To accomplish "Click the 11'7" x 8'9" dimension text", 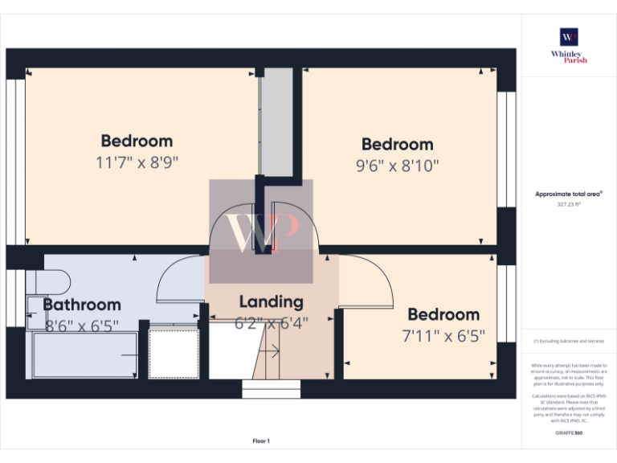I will (137, 162).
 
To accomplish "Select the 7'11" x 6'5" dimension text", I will (443, 336).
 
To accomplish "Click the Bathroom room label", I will (82, 305).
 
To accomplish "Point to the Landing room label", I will (272, 302).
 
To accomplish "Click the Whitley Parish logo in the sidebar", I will (569, 45).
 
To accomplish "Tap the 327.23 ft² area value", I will (569, 204).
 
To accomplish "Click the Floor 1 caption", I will (261, 440).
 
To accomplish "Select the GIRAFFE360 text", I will (569, 433).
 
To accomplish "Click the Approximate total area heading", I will (569, 195).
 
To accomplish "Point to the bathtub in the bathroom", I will (84, 355).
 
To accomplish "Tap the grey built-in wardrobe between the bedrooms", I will (278, 121).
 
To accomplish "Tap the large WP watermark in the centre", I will (261, 231).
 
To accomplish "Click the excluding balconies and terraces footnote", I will (569, 342).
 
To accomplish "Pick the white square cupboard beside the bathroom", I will (174, 354).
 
